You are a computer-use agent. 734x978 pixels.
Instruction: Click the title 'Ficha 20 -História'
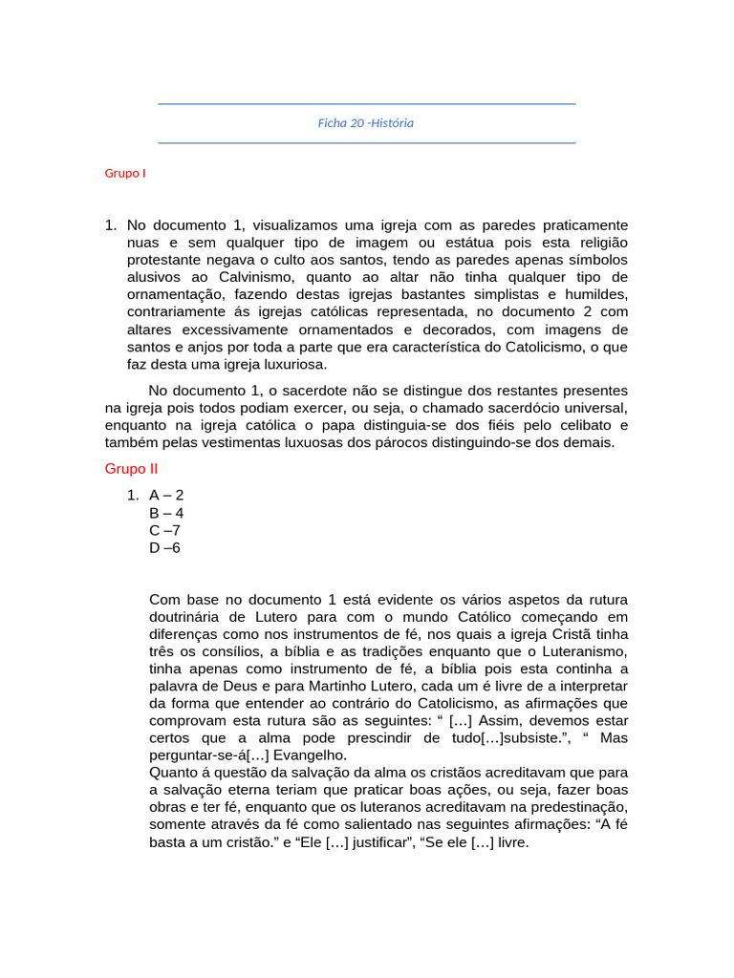[366, 123]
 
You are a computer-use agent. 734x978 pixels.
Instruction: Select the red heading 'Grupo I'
[125, 174]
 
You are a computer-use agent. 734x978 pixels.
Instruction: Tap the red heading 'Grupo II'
[131, 469]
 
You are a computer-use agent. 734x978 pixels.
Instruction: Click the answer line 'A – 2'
[166, 495]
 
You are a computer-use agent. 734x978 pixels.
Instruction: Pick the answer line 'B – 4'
[166, 512]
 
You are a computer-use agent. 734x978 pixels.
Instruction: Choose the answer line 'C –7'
[164, 530]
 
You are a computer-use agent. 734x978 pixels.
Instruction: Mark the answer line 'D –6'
[164, 547]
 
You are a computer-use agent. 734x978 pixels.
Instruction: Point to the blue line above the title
[366, 104]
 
